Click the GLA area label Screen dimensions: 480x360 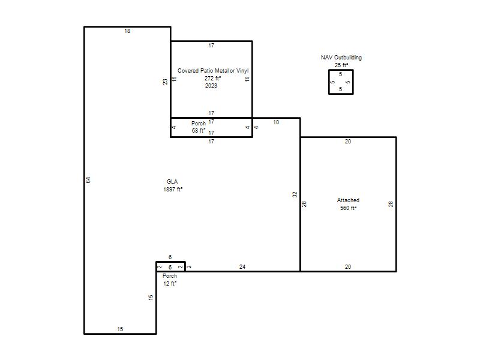coord(172,182)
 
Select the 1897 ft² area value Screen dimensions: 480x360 coord(173,190)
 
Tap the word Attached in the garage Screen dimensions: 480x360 coord(348,200)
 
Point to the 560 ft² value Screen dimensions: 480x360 coord(348,208)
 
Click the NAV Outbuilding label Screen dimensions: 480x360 coord(341,57)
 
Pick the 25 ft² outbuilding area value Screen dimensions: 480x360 coord(341,65)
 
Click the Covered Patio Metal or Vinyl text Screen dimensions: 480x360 coord(213,71)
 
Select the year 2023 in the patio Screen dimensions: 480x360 coord(211,86)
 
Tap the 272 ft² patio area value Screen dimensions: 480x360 coord(213,79)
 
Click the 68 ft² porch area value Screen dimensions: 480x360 coord(199,131)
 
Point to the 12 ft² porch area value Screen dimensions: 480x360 coord(170,284)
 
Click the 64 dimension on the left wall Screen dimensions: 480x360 coord(88,180)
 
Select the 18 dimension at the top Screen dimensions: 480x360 coord(127,31)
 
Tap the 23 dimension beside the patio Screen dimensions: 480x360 coord(166,82)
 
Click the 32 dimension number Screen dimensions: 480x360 coord(295,194)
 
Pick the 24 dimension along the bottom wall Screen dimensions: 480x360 coord(242,267)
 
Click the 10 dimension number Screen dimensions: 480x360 coord(276,122)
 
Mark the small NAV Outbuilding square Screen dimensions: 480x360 coord(329,82)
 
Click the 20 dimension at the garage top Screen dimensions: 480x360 coord(348,142)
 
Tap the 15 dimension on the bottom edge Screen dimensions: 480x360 coord(120,329)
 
